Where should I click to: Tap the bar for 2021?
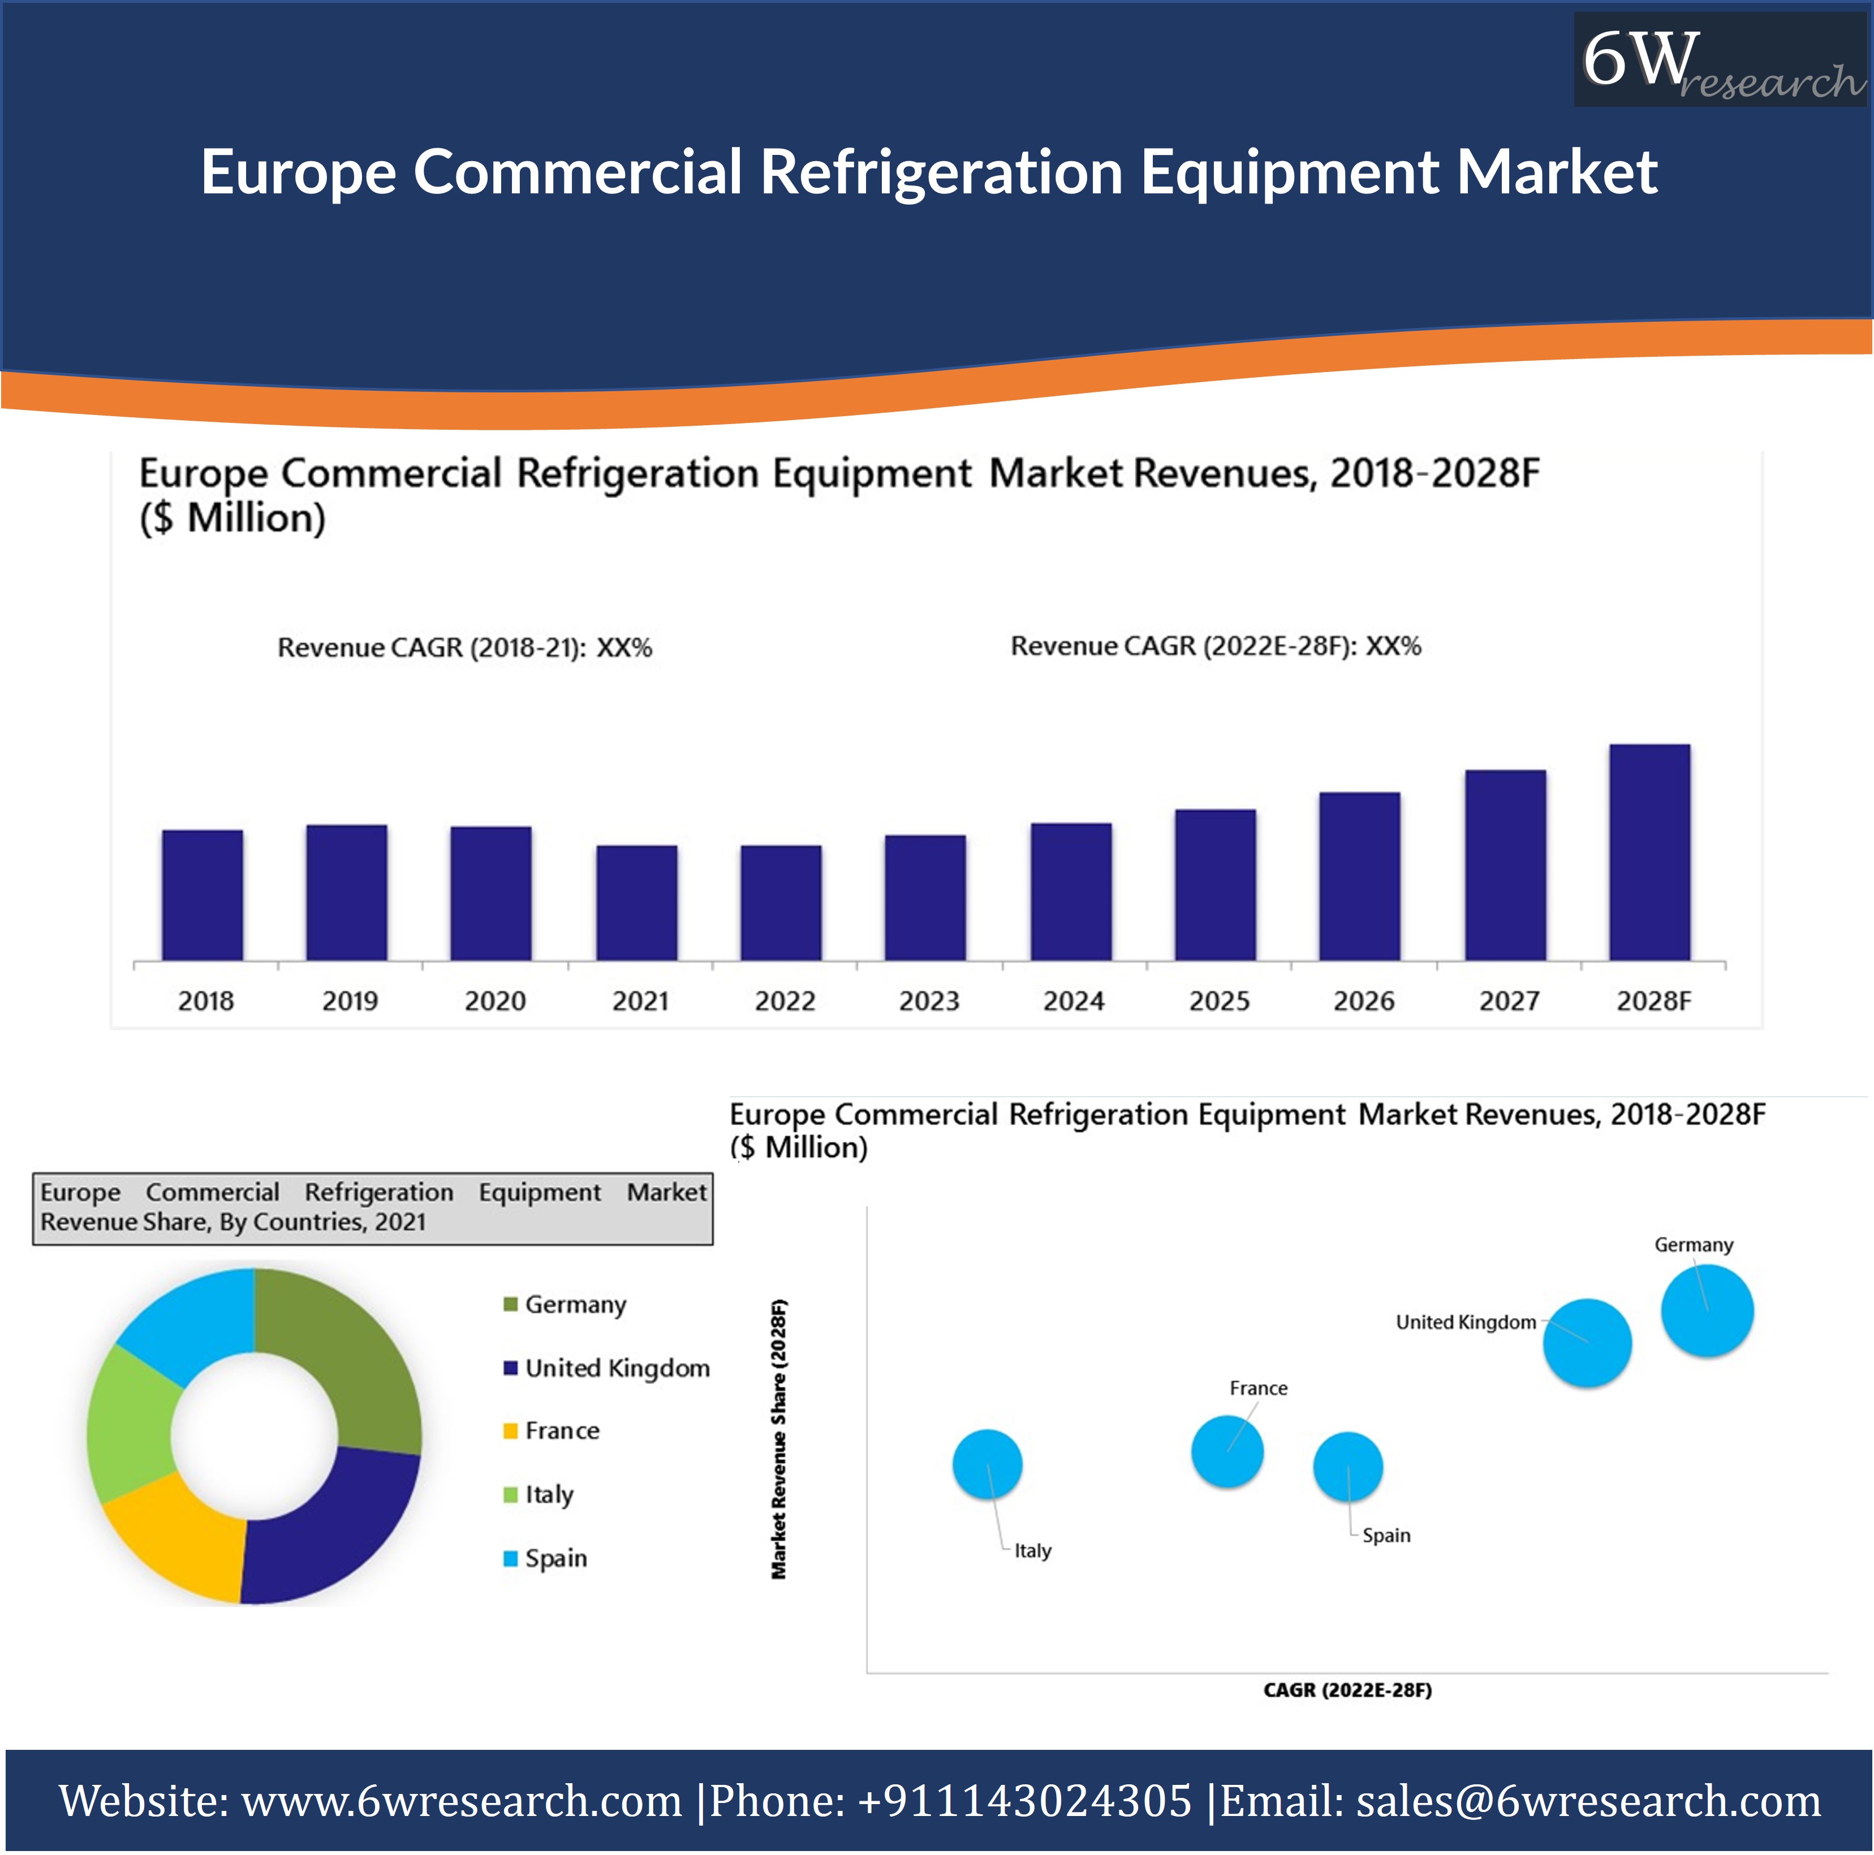click(636, 903)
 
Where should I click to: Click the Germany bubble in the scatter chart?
click(1707, 1311)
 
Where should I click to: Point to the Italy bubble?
click(988, 1464)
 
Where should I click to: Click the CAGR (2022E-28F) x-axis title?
click(1347, 1690)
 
